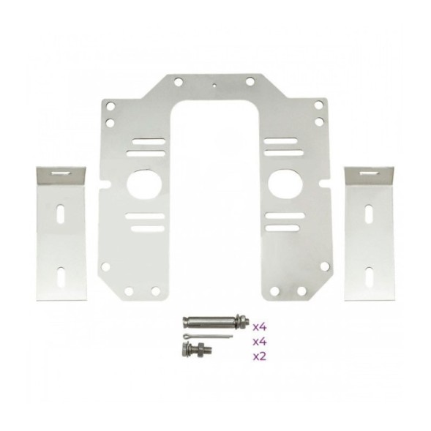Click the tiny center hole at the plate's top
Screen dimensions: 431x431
pyautogui.click(x=214, y=85)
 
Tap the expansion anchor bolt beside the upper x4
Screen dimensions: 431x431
pyautogui.click(x=216, y=322)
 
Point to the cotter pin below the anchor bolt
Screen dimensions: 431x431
pyautogui.click(x=208, y=336)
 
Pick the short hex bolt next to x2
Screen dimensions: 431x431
pyautogui.click(x=197, y=350)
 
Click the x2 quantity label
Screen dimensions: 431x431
pyautogui.click(x=260, y=356)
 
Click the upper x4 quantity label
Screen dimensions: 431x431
pyautogui.click(x=260, y=327)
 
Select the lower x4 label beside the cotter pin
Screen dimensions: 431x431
pyautogui.click(x=260, y=342)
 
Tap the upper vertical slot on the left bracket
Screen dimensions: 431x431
pyautogui.click(x=60, y=213)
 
